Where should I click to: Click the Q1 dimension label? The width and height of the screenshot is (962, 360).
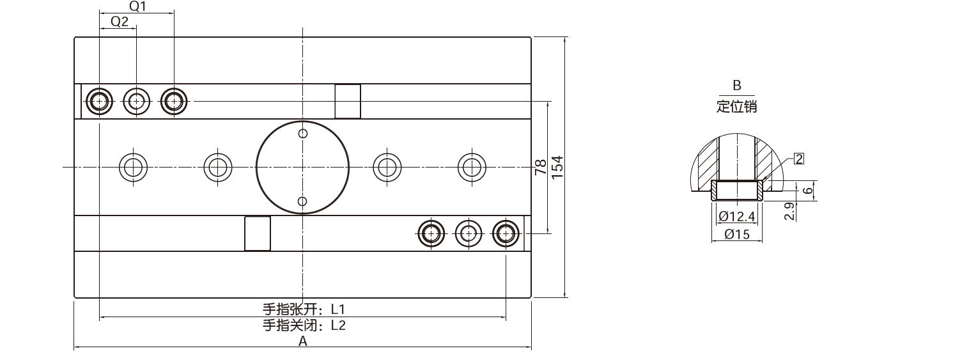tap(137, 6)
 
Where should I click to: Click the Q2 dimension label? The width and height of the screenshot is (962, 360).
tap(120, 22)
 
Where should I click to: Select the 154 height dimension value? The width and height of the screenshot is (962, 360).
tap(557, 167)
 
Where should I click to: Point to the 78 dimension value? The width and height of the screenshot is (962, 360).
tap(541, 167)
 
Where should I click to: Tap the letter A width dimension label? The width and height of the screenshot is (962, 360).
tap(303, 341)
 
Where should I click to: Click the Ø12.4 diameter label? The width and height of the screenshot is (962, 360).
tap(736, 216)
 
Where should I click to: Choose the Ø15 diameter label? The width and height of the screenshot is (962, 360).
tap(737, 234)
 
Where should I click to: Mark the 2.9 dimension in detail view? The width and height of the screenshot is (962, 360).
tap(789, 211)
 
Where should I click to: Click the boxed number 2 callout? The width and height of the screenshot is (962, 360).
tap(799, 159)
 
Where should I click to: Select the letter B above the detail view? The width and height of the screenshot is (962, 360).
tap(737, 85)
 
